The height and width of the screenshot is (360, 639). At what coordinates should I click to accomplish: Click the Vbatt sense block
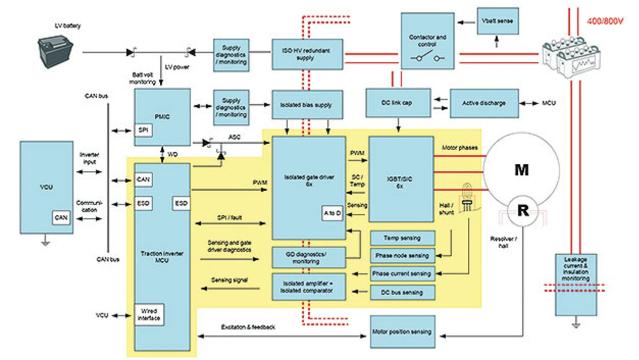tap(498, 21)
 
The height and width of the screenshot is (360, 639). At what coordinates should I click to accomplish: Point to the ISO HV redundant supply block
tap(308, 54)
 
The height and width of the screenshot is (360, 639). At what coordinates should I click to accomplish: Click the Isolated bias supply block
tap(308, 104)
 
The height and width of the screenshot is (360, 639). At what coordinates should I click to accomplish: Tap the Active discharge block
tap(484, 103)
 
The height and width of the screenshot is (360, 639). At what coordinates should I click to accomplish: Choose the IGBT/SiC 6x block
tap(401, 179)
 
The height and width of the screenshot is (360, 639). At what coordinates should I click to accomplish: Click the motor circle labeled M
tap(522, 170)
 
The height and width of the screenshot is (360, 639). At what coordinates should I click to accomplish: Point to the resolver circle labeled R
tap(523, 211)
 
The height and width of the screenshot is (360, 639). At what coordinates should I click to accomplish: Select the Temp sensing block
tap(402, 238)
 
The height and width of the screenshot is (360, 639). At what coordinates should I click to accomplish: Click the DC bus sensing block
tap(402, 292)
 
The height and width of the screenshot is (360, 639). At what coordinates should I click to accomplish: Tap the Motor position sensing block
tap(402, 332)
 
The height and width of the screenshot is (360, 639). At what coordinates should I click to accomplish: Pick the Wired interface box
tap(149, 315)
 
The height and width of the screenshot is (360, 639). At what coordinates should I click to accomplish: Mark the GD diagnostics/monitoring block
tap(309, 257)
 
